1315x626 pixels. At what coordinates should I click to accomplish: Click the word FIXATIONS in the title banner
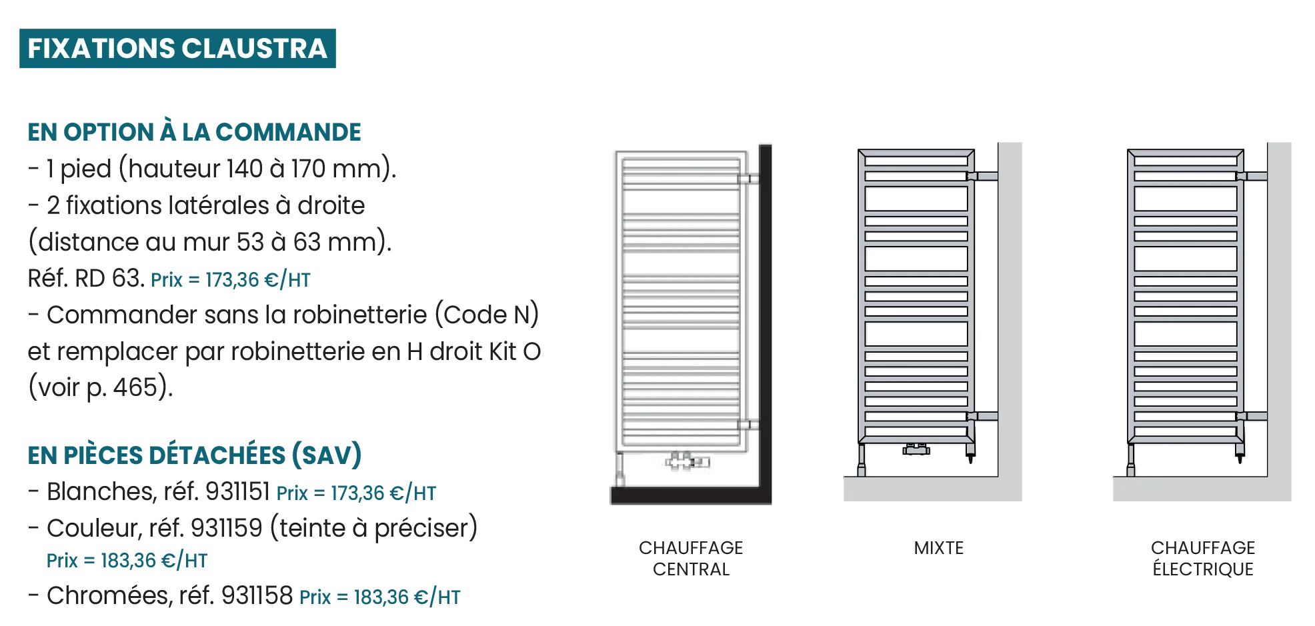pos(101,49)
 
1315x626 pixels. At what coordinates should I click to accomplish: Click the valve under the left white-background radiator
pos(687,461)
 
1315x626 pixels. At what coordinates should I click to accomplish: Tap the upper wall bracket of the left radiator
pos(746,179)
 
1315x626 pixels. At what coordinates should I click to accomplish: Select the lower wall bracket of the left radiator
pos(746,424)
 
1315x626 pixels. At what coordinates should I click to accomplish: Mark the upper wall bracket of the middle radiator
pos(983,176)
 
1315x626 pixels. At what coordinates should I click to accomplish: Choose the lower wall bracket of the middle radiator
pos(983,416)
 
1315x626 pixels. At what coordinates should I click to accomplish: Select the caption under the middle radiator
pos(939,548)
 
